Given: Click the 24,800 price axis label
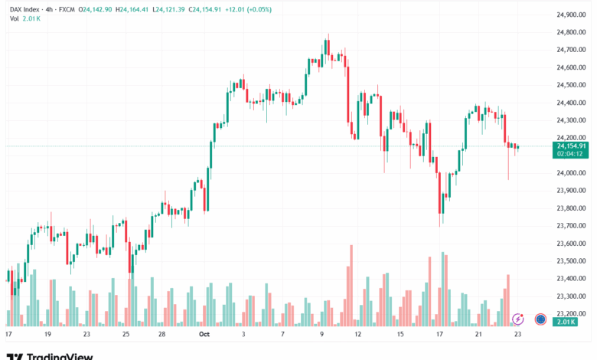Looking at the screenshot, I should [x=571, y=31].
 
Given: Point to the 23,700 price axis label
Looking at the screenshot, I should [x=571, y=225].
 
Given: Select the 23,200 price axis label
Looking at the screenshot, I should [x=571, y=313].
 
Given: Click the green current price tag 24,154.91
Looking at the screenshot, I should [x=572, y=146].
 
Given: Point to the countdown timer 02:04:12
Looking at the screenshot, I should [x=572, y=153].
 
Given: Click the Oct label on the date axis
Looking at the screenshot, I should [x=204, y=334].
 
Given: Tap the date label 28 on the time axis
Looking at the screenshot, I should [x=162, y=334].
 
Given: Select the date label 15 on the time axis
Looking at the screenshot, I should [x=400, y=334].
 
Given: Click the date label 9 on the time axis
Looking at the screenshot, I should [x=322, y=334].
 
